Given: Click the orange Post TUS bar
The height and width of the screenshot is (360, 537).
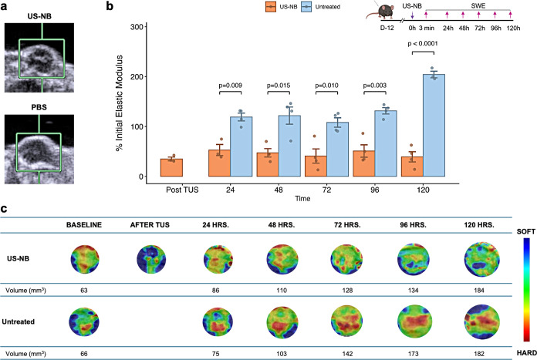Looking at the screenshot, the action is click(171, 168).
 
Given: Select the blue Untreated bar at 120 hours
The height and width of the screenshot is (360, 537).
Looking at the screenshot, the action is click(434, 125).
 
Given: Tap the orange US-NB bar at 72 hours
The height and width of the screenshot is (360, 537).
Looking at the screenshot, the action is click(316, 167).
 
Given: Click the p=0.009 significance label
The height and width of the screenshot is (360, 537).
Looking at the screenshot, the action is click(231, 86).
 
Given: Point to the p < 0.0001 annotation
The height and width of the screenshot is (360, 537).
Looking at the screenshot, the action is click(423, 43).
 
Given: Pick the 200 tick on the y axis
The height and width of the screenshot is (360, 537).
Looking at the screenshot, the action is click(137, 76).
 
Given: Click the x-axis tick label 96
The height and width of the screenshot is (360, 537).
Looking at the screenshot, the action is click(375, 190).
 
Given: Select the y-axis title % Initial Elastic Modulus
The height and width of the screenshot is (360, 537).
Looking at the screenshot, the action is click(119, 103).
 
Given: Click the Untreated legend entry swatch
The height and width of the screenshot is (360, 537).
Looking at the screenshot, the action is click(306, 6).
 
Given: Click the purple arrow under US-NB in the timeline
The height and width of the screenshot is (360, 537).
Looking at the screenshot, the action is click(412, 15).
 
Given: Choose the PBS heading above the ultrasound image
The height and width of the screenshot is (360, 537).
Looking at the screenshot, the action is click(39, 107).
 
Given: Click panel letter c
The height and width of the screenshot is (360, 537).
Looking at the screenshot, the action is click(4, 208).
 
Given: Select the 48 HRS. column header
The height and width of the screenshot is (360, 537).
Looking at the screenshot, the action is click(282, 225).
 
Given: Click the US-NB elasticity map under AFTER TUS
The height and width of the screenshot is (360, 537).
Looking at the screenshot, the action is click(151, 259).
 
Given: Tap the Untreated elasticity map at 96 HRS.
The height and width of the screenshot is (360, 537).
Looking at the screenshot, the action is click(415, 321).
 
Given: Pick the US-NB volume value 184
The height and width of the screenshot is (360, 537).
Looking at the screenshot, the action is click(479, 290).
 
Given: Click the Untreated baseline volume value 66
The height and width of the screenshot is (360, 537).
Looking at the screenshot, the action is click(84, 354).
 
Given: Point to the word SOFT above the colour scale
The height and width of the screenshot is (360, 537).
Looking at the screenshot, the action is click(526, 232).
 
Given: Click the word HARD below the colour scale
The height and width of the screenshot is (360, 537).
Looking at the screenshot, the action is click(527, 353).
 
